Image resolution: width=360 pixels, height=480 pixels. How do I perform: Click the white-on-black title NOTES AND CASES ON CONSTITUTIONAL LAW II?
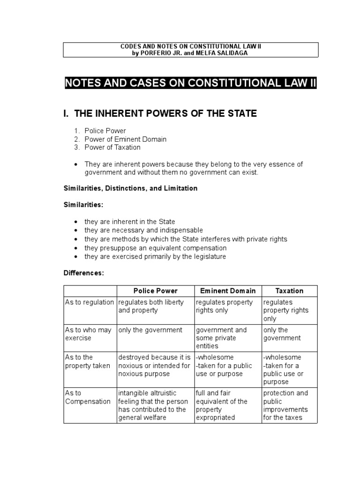[x=191, y=83]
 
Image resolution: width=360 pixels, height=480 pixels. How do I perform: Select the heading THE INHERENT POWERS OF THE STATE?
[x=160, y=113]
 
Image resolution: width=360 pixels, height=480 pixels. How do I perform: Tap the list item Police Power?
[x=105, y=131]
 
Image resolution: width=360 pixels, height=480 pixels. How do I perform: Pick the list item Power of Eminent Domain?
[x=125, y=139]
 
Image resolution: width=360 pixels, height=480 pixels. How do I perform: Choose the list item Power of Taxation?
[x=112, y=147]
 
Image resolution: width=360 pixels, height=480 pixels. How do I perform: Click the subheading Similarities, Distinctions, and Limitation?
[x=130, y=188]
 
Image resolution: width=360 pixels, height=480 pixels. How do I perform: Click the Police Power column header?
[x=156, y=291]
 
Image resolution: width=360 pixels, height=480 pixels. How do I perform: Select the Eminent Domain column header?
[x=228, y=291]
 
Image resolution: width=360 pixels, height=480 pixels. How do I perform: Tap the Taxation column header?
[x=289, y=291]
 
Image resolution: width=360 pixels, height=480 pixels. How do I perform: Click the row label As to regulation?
[x=89, y=302]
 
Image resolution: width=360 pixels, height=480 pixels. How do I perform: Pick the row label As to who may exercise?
[x=88, y=334]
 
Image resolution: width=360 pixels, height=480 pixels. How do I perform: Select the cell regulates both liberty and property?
[x=151, y=306]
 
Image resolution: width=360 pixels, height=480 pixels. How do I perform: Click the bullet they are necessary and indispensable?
[x=143, y=230]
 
